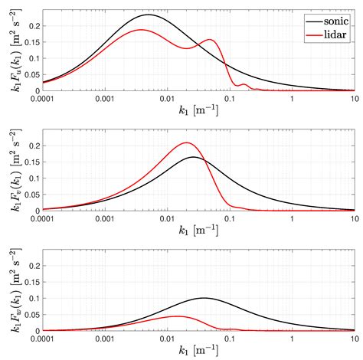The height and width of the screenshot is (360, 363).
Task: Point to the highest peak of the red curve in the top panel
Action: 141,30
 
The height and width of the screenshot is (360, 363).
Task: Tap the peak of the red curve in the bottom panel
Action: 176,316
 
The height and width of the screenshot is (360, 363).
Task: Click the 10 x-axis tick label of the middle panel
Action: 352,218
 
